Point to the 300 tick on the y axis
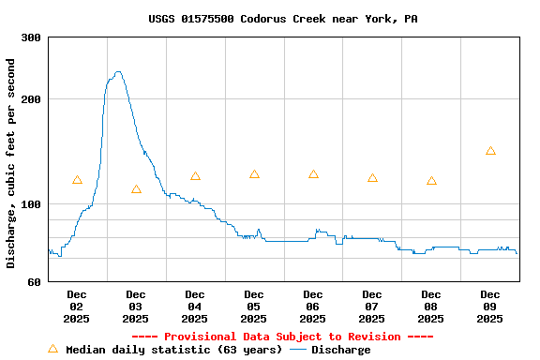click(31, 37)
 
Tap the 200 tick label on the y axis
click(31, 99)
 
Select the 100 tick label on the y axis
click(31, 204)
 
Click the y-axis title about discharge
click(11, 163)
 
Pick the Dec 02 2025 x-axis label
click(77, 307)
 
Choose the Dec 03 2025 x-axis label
click(136, 307)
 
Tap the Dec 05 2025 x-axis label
click(254, 307)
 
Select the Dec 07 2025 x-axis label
click(372, 307)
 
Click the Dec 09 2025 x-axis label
click(490, 307)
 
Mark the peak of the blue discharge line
click(117, 71)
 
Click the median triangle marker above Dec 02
click(77, 180)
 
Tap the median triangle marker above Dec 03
click(136, 189)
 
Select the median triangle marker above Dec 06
click(313, 174)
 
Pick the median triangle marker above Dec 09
click(490, 151)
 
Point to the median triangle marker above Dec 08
click(431, 181)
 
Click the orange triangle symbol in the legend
click(52, 349)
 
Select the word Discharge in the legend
click(340, 350)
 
